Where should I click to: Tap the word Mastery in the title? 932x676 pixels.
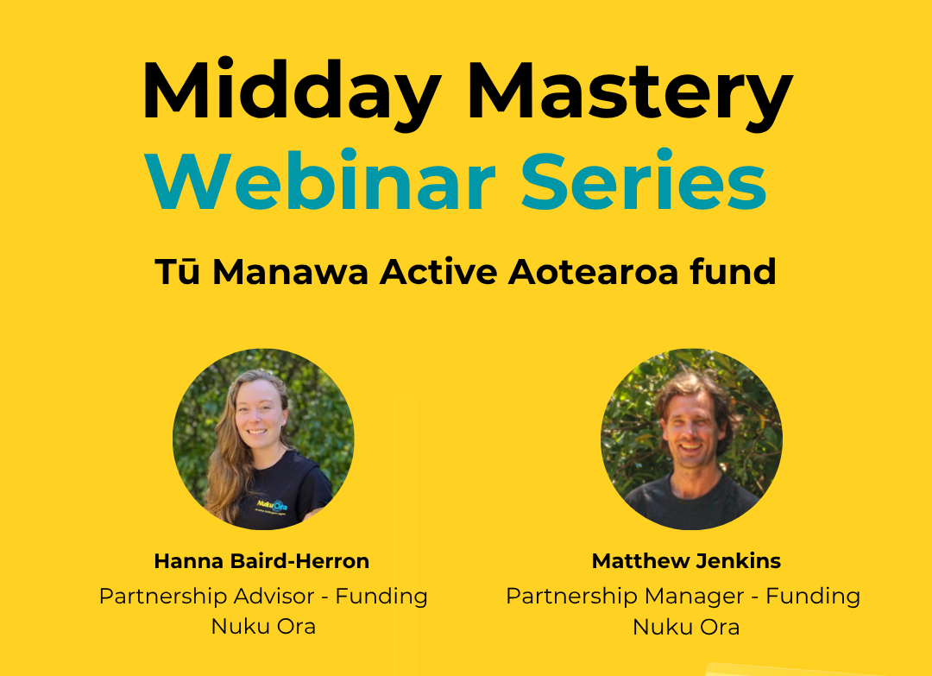[630, 92]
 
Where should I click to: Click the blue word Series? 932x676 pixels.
[644, 180]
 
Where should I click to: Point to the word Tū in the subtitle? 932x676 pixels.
[177, 272]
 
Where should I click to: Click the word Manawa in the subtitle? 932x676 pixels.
[291, 272]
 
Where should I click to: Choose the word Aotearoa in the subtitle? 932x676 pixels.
[593, 272]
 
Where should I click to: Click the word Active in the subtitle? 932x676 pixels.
[438, 272]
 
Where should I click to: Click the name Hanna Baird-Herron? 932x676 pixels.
[261, 560]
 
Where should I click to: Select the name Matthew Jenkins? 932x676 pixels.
[686, 560]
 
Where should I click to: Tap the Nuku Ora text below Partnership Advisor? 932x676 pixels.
[263, 627]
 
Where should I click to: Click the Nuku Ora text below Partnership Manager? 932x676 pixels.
[686, 627]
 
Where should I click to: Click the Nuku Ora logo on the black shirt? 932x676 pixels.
[272, 506]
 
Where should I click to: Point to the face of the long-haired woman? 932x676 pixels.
[259, 414]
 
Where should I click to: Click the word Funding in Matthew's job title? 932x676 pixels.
[813, 596]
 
